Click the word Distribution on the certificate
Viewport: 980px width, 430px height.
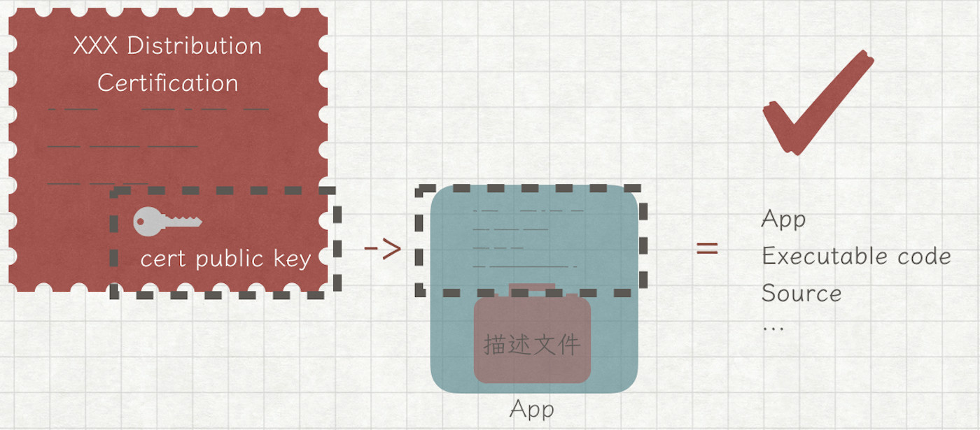[195, 46]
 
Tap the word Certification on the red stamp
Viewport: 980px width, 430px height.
[168, 83]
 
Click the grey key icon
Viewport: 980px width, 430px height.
[167, 221]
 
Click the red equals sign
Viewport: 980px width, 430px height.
[707, 248]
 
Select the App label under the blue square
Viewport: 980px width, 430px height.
[532, 409]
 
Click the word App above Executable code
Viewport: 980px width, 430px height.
[783, 220]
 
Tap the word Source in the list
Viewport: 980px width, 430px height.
[801, 293]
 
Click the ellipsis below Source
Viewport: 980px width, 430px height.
[773, 327]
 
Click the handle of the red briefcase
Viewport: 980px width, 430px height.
[532, 287]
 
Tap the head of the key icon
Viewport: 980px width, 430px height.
[146, 221]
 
